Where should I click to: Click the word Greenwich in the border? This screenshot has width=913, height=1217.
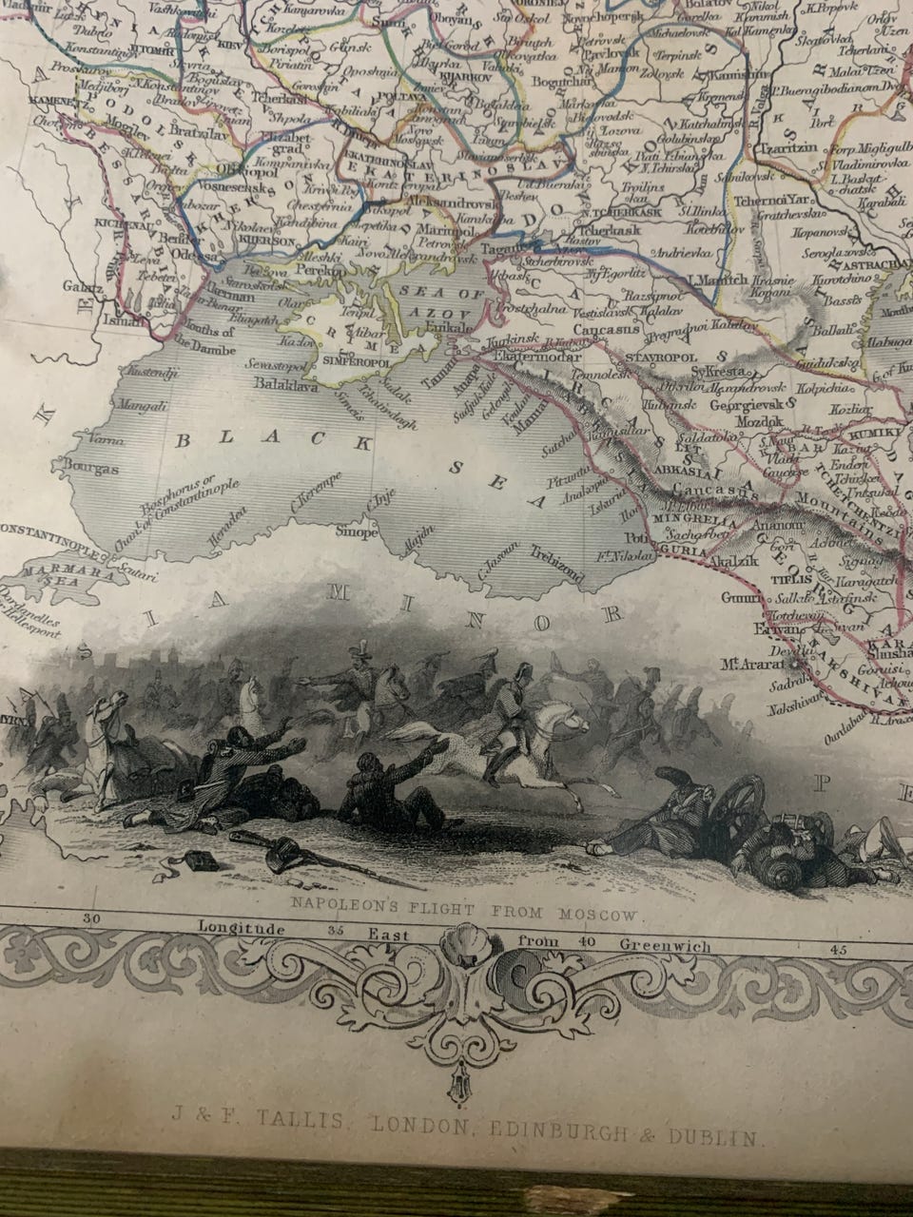[x=664, y=945]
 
